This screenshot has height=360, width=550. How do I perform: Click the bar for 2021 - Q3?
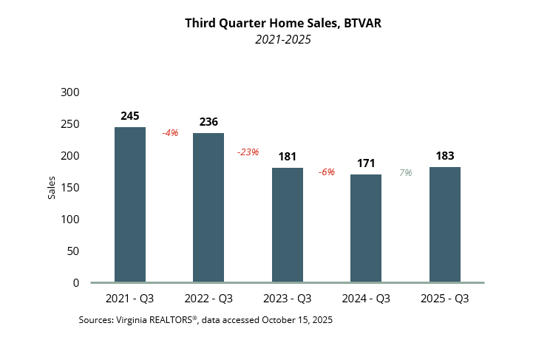[x=130, y=205]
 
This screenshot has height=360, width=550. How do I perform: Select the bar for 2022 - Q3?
[x=208, y=208]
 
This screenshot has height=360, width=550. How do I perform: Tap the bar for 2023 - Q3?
[x=288, y=225]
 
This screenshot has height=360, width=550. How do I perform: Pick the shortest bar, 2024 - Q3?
[x=366, y=228]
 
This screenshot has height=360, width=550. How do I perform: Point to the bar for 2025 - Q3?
[x=445, y=225]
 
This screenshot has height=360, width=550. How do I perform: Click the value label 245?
[x=130, y=116]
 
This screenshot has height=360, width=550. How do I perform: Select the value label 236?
[x=208, y=122]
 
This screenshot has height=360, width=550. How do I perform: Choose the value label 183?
[x=445, y=156]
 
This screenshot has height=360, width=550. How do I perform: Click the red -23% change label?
[x=248, y=152]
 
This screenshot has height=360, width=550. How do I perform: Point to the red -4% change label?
[x=170, y=133]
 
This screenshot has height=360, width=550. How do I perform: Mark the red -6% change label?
[x=326, y=172]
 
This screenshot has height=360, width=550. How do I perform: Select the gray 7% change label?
[x=406, y=172]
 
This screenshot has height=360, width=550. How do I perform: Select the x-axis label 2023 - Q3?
[x=288, y=299]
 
